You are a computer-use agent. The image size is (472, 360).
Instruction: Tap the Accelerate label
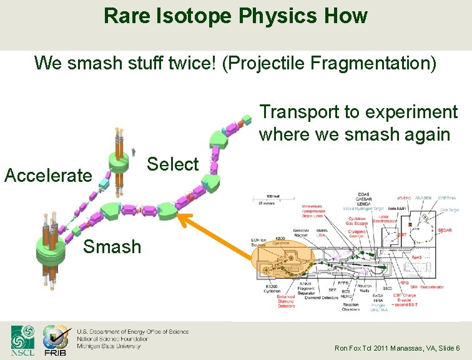[x=47, y=175]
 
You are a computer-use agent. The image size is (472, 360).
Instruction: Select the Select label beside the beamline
[x=172, y=164]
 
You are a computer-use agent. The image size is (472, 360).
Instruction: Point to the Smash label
[x=112, y=246]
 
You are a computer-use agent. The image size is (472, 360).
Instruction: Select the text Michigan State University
[x=109, y=346]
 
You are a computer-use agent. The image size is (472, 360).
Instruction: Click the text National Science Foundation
[x=112, y=338]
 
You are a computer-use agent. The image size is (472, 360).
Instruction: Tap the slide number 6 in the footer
[x=458, y=348]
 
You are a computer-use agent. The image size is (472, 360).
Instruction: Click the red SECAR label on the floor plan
[x=445, y=231]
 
